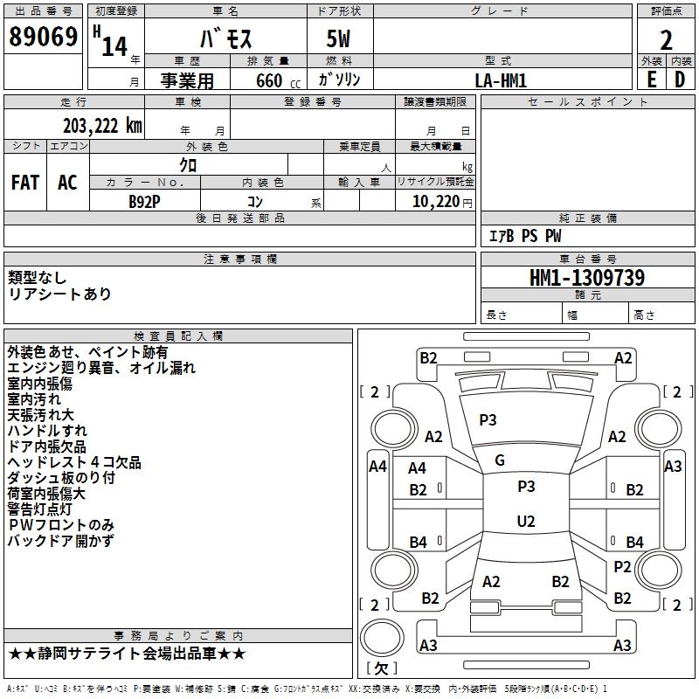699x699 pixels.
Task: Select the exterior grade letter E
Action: point(651,79)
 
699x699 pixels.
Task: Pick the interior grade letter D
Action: point(680,79)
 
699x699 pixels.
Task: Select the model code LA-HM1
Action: point(501,80)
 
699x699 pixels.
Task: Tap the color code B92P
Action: point(144,200)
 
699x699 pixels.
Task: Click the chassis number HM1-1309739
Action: point(587,278)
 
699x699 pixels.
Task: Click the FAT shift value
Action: point(24,182)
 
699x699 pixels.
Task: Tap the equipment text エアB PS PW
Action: point(524,236)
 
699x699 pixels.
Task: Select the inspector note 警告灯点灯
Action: point(52,509)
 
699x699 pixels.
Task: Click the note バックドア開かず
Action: point(60,541)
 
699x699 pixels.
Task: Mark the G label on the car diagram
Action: point(500,460)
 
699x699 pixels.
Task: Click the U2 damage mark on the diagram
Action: point(525,522)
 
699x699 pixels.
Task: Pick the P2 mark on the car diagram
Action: point(622,566)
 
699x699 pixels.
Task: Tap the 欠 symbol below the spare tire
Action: point(380,668)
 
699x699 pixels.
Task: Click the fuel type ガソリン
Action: point(339,80)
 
